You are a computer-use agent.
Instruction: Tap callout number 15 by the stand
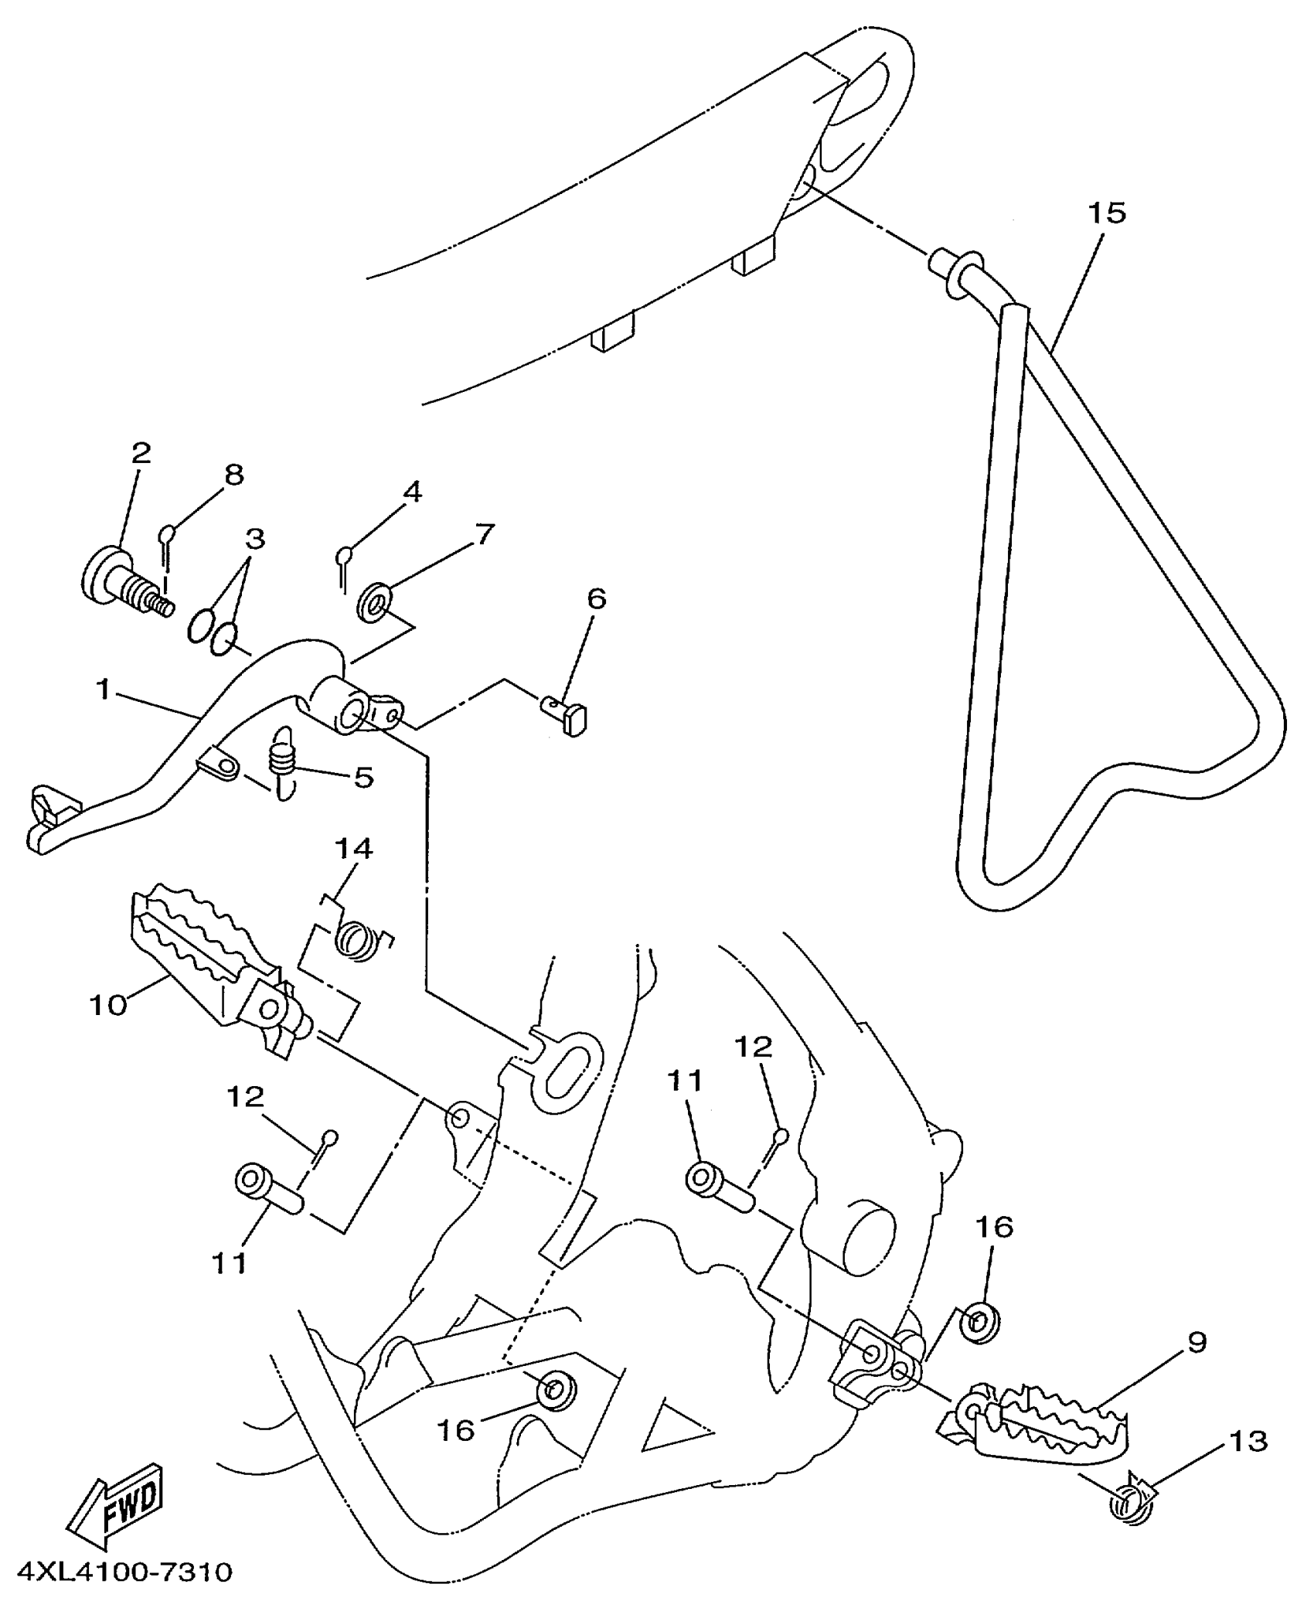point(1107,213)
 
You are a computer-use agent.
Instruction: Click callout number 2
point(141,452)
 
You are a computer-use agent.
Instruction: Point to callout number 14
point(353,849)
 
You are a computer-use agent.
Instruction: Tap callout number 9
point(1196,1342)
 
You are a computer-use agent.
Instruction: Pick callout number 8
point(233,475)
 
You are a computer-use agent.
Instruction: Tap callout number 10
point(108,1006)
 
